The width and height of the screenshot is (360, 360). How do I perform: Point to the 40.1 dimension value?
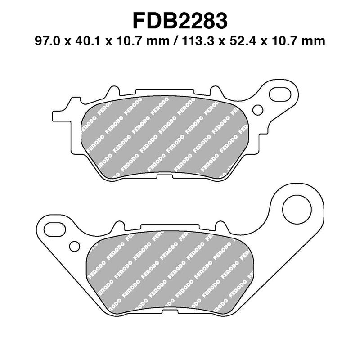tap(84, 42)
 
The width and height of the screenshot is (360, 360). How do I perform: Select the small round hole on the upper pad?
tap(258, 109)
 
